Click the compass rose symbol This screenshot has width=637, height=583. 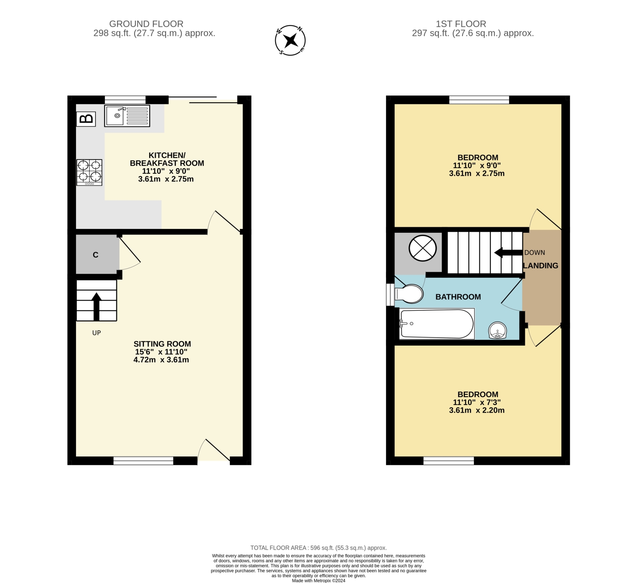click(x=290, y=40)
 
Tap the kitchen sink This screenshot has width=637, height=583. click(x=127, y=116)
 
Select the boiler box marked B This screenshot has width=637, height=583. click(x=86, y=119)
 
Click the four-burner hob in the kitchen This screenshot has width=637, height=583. click(x=89, y=172)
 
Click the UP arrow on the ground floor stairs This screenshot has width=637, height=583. click(x=96, y=307)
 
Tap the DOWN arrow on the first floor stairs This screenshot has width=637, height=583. click(x=508, y=253)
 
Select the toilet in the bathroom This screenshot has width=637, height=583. click(x=409, y=294)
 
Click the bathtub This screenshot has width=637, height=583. click(x=437, y=324)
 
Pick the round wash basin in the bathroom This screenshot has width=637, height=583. click(x=497, y=330)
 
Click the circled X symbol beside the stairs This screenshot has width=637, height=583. click(x=423, y=248)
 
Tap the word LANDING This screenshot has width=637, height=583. click(x=541, y=265)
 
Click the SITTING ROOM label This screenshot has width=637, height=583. click(x=162, y=344)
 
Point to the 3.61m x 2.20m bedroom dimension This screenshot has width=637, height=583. click(x=476, y=410)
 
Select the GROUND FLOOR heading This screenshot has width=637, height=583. click(x=147, y=24)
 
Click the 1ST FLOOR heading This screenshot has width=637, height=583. click(x=461, y=24)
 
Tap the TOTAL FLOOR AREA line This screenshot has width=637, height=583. click(x=318, y=548)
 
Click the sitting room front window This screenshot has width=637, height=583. click(x=144, y=461)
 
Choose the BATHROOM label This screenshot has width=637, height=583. click(x=458, y=297)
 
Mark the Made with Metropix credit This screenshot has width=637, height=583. click(x=318, y=580)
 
